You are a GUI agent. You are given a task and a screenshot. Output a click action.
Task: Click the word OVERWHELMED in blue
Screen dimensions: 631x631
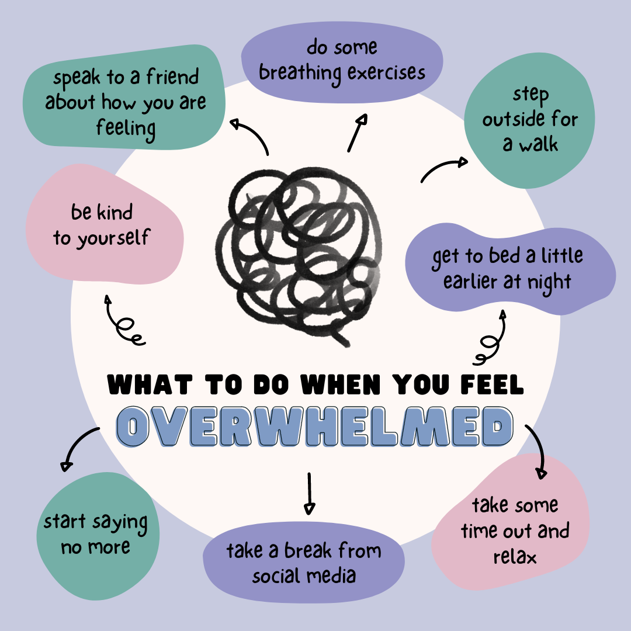click(x=314, y=427)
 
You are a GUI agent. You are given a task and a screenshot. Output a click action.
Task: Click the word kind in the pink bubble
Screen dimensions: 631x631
click(x=115, y=213)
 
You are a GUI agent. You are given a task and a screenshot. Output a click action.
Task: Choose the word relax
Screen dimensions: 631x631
click(x=514, y=557)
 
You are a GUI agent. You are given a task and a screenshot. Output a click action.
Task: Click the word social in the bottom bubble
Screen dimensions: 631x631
click(x=276, y=575)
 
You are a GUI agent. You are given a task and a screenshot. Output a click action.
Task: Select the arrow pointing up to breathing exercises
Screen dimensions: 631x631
click(x=356, y=133)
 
